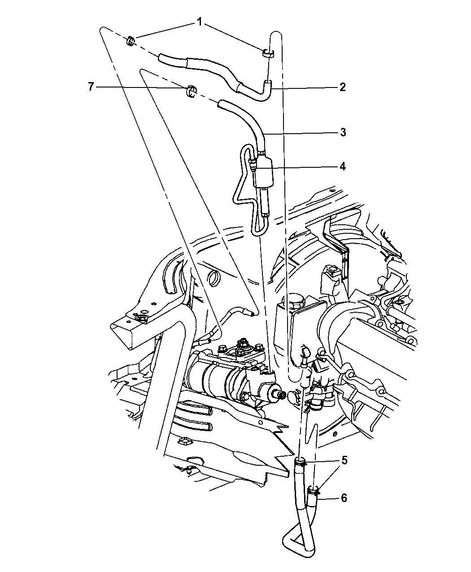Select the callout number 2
pyautogui.click(x=342, y=87)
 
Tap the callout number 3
pyautogui.click(x=342, y=132)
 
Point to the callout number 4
pyautogui.click(x=342, y=166)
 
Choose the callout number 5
pyautogui.click(x=345, y=460)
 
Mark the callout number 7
pyautogui.click(x=91, y=87)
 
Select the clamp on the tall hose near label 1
pyautogui.click(x=268, y=54)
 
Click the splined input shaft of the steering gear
pyautogui.click(x=281, y=395)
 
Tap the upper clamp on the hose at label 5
pyautogui.click(x=301, y=463)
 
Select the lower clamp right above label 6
pyautogui.click(x=316, y=490)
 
